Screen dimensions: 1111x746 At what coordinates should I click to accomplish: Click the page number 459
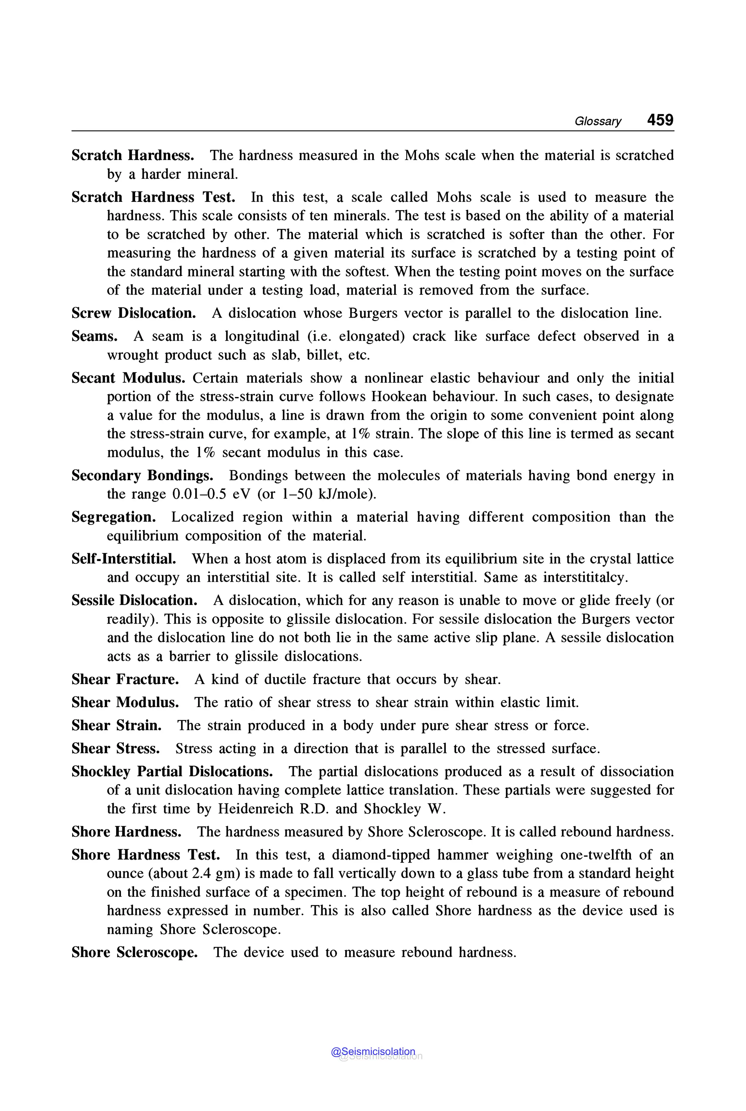click(x=660, y=120)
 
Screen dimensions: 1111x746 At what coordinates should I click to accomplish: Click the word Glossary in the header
click(x=597, y=121)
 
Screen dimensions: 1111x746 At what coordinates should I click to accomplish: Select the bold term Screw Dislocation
click(x=134, y=313)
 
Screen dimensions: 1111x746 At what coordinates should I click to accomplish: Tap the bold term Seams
click(x=94, y=336)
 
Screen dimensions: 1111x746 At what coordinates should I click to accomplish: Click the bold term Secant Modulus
click(x=128, y=378)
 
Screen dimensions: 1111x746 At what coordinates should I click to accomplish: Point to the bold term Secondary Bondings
click(x=142, y=475)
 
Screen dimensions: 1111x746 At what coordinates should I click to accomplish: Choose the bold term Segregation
click(x=114, y=517)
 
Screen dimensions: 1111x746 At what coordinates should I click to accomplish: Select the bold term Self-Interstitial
click(x=124, y=558)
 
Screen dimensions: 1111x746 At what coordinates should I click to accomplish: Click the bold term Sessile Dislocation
click(x=134, y=600)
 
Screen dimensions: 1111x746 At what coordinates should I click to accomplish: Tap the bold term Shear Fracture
click(x=125, y=679)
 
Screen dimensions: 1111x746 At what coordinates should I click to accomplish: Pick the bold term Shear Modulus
click(x=125, y=702)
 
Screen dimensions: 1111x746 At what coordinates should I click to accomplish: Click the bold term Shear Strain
click(x=117, y=726)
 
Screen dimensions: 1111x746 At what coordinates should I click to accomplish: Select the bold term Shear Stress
click(x=115, y=749)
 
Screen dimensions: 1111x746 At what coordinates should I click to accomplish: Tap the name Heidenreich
click(x=255, y=809)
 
